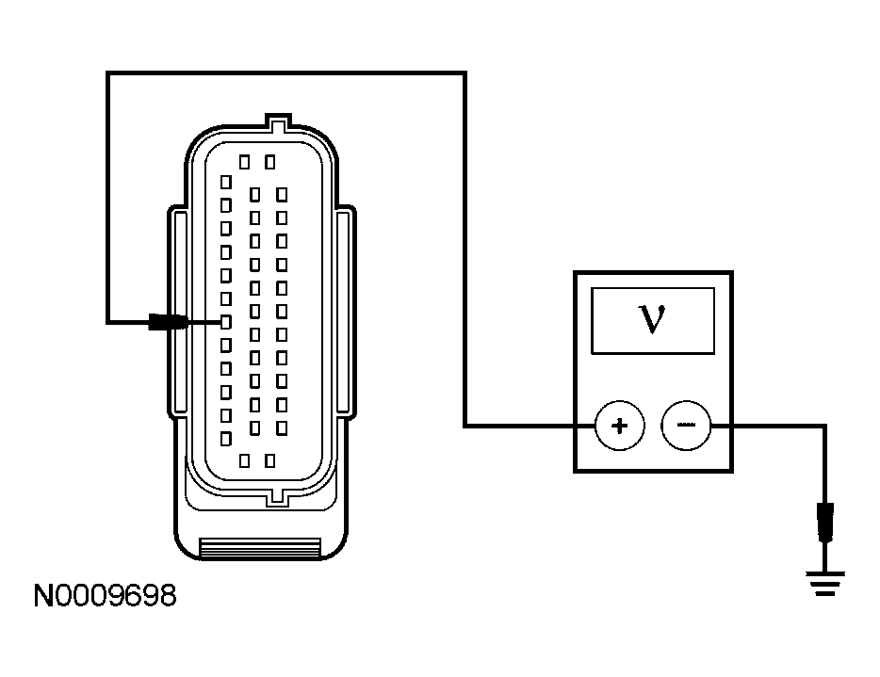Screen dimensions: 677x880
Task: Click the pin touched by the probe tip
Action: (225, 322)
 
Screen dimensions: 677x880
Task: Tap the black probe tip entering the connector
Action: (166, 322)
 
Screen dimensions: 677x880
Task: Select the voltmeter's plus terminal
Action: (619, 426)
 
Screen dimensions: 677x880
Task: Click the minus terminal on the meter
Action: (686, 426)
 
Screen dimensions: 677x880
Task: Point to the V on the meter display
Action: (651, 319)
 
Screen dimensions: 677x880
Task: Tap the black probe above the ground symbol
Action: (826, 523)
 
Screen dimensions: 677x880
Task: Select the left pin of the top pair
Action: (244, 162)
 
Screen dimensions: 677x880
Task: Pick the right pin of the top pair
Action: (270, 162)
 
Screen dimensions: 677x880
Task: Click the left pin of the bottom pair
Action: (244, 460)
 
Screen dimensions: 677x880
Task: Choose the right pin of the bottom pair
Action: (270, 460)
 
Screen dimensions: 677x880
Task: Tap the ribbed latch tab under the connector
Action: (261, 546)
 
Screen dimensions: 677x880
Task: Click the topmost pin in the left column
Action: (225, 181)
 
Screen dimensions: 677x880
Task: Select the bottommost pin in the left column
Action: (225, 439)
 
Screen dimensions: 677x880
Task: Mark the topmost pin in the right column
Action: (282, 194)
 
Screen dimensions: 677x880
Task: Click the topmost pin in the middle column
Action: (253, 194)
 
